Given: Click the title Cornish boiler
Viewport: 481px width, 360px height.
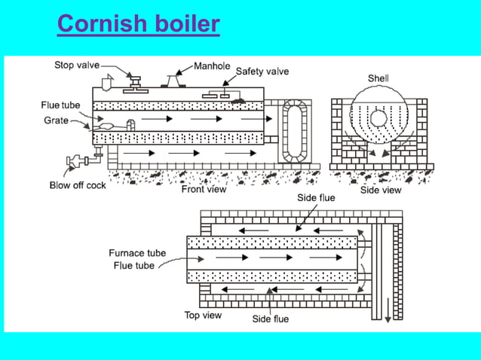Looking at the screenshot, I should click(x=138, y=24).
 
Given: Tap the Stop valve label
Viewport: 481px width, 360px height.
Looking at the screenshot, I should click(x=76, y=66).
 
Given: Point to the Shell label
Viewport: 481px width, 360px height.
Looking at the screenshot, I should click(x=378, y=78).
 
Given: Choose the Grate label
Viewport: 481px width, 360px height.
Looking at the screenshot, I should click(x=56, y=120).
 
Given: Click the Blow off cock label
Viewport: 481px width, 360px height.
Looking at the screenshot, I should click(x=78, y=185).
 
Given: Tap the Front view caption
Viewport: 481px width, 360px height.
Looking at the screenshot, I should click(x=204, y=189).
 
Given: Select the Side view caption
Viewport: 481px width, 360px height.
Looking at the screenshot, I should click(x=381, y=190).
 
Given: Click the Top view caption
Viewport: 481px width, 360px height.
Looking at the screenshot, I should click(x=203, y=315).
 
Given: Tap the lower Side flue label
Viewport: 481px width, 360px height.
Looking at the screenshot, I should click(x=270, y=319).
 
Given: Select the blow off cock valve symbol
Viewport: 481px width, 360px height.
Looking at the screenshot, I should click(x=76, y=160).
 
